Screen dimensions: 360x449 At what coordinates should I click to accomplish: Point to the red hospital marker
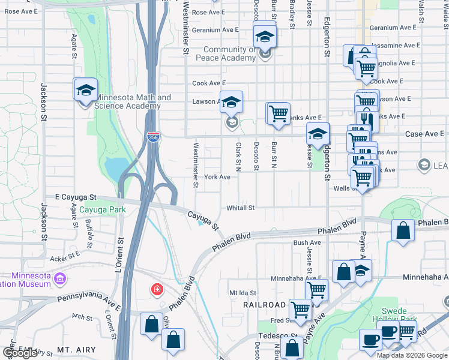point(157,290)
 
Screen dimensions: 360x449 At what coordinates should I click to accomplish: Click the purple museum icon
point(59,279)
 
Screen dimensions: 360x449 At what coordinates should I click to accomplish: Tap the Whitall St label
point(241,208)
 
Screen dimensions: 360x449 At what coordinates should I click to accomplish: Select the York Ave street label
point(217,177)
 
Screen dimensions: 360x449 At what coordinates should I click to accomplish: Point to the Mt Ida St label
point(243,293)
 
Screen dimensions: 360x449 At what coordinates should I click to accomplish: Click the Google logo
point(20,353)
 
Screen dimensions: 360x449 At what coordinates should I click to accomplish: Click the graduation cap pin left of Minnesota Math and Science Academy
point(85,91)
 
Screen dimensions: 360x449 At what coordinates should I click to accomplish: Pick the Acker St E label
point(65,258)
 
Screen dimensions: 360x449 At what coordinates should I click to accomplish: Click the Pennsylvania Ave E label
point(89,296)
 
